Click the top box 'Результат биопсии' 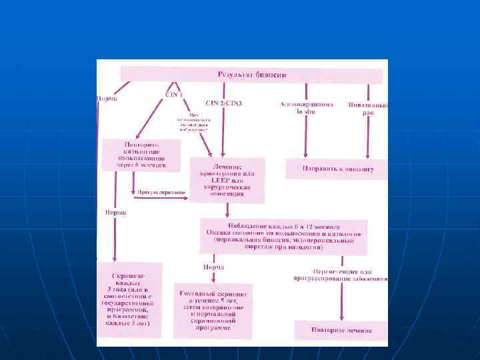coord(251,75)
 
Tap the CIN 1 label coord(174,95)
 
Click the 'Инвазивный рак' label coord(365,109)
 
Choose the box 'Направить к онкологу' coord(336,169)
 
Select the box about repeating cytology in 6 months coord(141,154)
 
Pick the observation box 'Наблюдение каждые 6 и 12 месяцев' coord(284,236)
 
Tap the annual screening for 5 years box coord(213,309)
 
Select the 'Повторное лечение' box coord(341,331)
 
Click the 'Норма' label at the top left coord(107,99)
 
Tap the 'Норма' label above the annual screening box coord(213,267)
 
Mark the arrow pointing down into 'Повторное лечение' coord(341,303)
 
